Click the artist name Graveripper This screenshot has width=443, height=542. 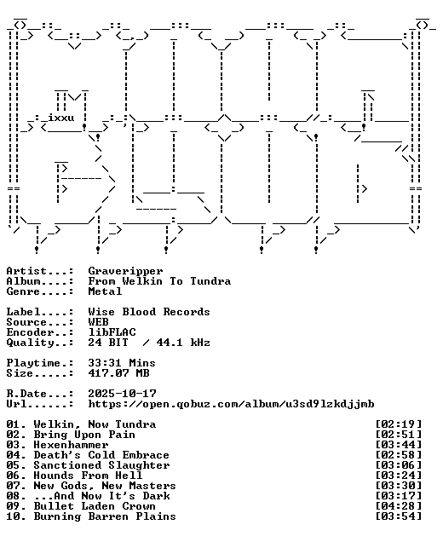click(x=125, y=271)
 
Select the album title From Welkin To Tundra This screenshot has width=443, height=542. click(x=159, y=281)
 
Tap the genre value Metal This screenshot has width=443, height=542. click(x=105, y=291)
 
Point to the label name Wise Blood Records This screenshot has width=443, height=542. click(x=149, y=312)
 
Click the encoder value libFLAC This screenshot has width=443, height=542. click(x=112, y=332)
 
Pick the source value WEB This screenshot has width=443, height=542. click(x=98, y=322)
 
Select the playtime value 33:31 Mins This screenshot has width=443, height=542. click(x=122, y=363)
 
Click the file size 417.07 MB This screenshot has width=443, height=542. click(x=118, y=373)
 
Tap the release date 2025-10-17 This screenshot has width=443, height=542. click(x=122, y=394)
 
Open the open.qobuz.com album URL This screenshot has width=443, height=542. click(x=231, y=404)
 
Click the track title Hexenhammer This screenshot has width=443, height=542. click(x=71, y=445)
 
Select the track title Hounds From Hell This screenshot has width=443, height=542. click(x=88, y=476)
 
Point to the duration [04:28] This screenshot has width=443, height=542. click(x=399, y=506)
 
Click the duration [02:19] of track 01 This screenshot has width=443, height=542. click(x=399, y=424)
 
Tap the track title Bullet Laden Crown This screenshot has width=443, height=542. click(x=95, y=506)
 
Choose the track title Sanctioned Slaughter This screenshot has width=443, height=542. click(x=101, y=465)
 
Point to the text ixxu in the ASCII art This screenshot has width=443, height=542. click(x=60, y=118)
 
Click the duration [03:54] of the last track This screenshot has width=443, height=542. click(x=399, y=516)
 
